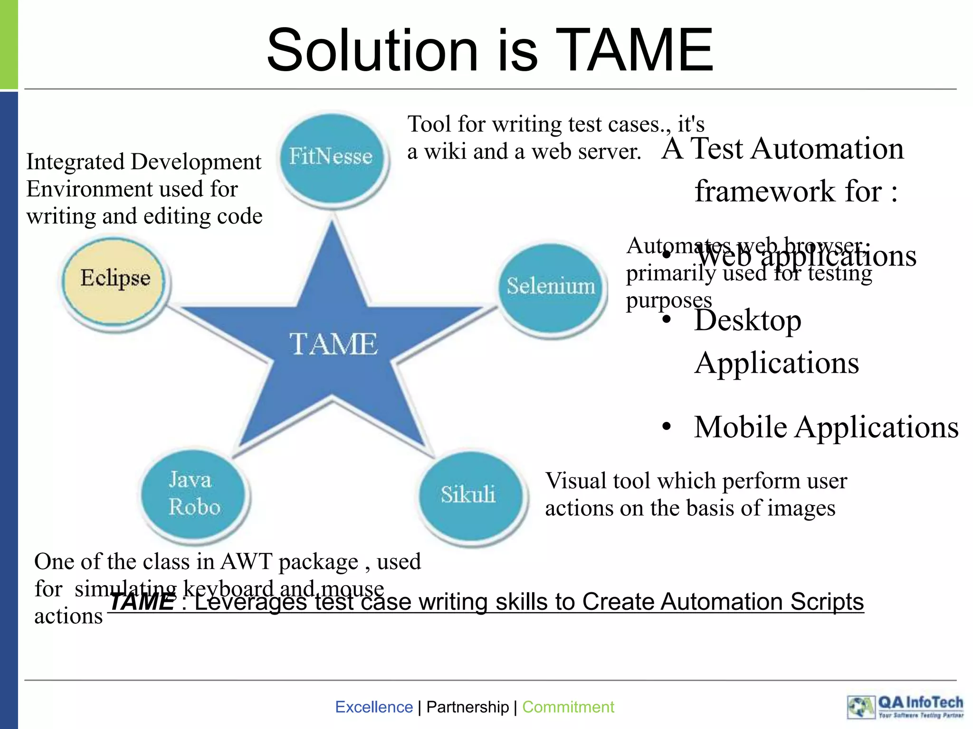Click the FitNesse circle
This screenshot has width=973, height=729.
tap(332, 158)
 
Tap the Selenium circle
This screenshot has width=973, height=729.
tap(551, 287)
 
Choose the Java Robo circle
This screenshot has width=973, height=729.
tap(194, 494)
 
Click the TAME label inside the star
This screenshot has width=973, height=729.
tap(334, 344)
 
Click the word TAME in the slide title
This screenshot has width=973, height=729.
tap(634, 50)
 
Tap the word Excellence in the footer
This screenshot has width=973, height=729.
tap(374, 707)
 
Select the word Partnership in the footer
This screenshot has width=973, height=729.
tap(467, 707)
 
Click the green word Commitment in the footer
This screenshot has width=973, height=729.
tap(568, 707)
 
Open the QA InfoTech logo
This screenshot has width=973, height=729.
tap(906, 707)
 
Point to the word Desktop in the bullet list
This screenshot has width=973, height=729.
tap(747, 321)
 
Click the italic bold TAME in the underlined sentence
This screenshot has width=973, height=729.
tap(142, 602)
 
